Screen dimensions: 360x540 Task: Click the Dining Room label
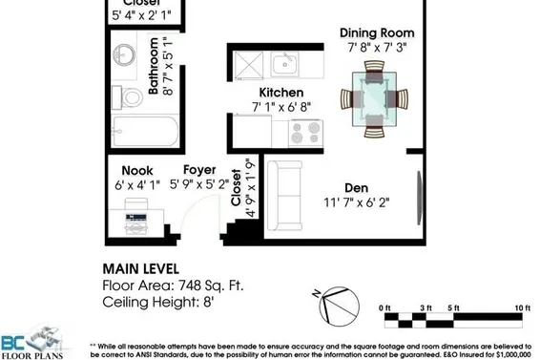click(377, 32)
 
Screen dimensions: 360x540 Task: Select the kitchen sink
click(283, 65)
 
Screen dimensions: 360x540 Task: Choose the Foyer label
click(199, 170)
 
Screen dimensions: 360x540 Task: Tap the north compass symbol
click(327, 305)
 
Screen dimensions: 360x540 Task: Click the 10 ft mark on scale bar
click(522, 307)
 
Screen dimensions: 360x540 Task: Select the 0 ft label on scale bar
click(384, 307)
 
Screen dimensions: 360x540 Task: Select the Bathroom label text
click(155, 67)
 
